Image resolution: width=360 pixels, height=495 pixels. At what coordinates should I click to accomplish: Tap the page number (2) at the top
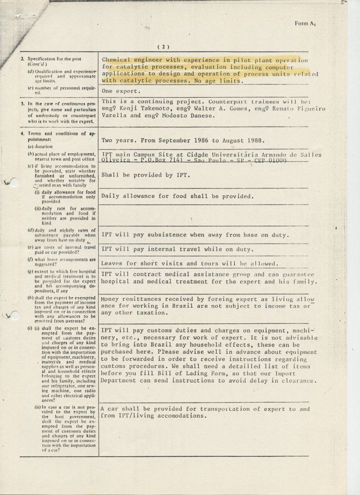[163, 47]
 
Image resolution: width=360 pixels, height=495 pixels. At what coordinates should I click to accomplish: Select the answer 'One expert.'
[121, 91]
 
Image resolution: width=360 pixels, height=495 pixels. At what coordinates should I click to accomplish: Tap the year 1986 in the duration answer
[198, 141]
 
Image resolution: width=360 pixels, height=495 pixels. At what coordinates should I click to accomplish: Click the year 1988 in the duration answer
[252, 141]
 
